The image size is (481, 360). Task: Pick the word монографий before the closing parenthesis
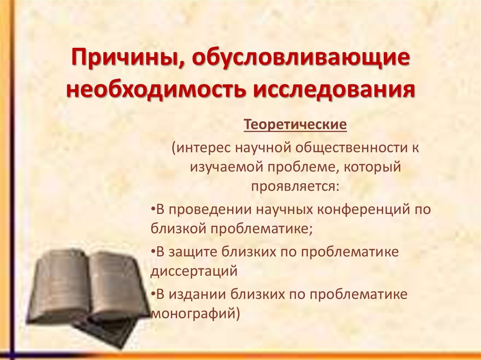tap(192, 313)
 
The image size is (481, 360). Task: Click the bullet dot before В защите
tap(154, 252)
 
